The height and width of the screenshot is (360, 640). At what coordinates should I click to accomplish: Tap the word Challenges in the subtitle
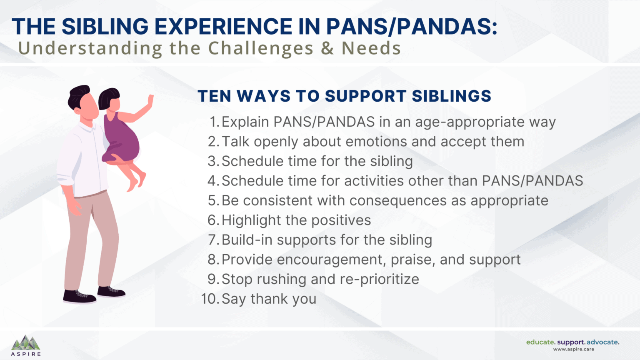point(260,48)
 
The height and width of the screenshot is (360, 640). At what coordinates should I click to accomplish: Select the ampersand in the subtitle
point(327,48)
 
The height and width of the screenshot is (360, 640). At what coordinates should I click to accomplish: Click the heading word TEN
point(214,96)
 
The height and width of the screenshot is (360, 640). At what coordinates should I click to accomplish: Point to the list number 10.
point(210,299)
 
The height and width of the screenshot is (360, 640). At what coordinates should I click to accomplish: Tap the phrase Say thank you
point(269,299)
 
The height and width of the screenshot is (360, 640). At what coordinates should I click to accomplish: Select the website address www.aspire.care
point(573,350)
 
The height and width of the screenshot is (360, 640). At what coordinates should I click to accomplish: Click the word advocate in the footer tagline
point(602,342)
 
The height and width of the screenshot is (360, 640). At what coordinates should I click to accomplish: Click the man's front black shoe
point(79,296)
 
